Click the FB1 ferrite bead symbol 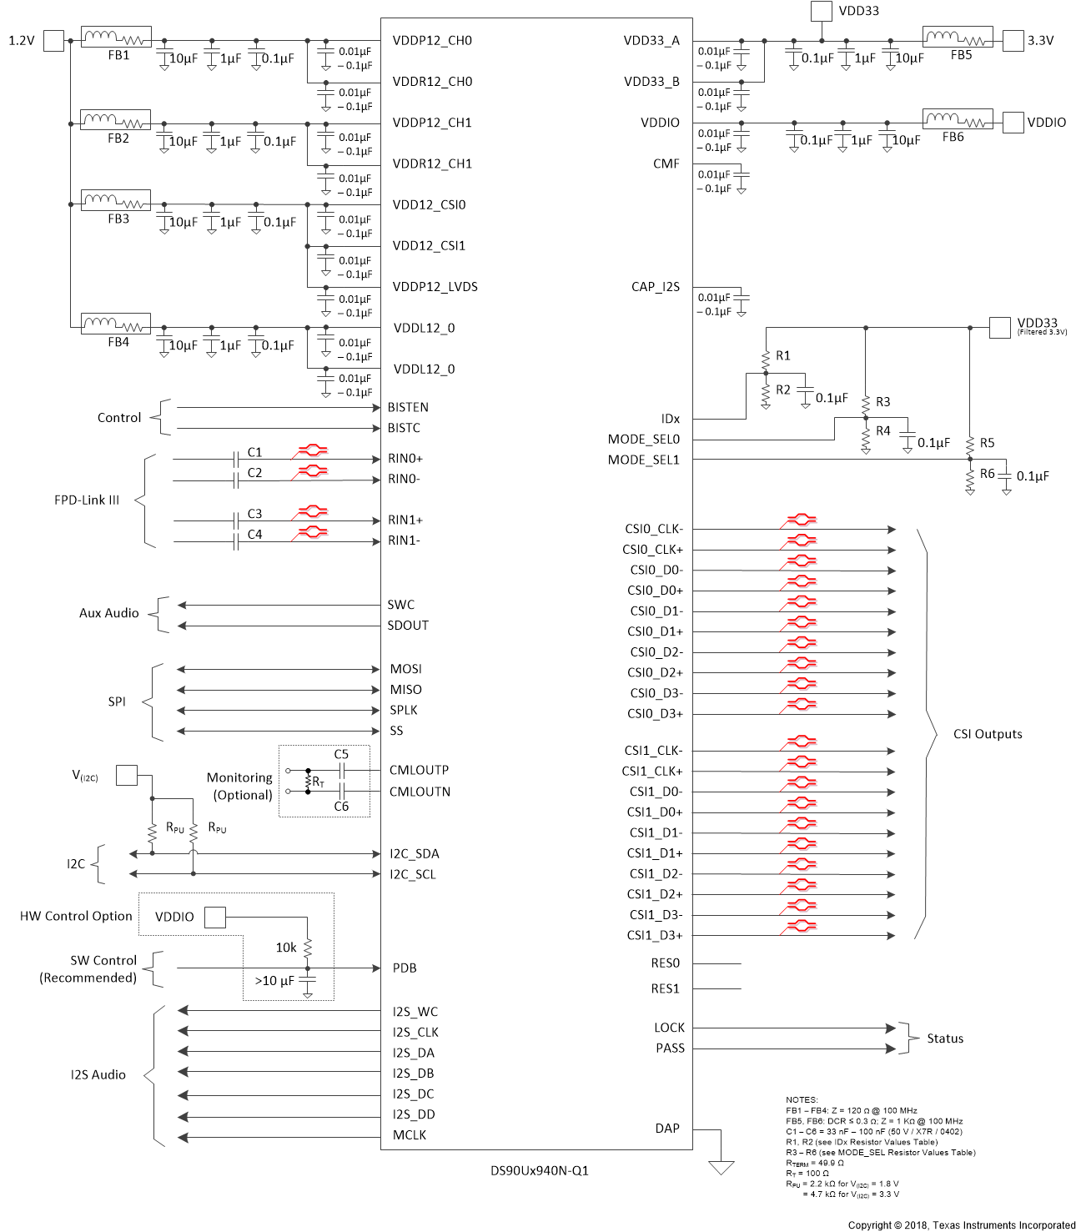coord(116,38)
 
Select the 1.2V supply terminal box coord(53,40)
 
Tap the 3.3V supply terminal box coord(1013,40)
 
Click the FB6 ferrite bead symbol coord(957,119)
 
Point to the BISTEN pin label coord(408,408)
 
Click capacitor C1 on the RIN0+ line coord(237,459)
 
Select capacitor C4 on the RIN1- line coord(237,541)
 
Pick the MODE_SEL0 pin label coord(644,440)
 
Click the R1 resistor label coord(782,356)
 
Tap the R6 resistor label coord(987,474)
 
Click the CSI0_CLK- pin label coord(654,529)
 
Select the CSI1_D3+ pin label coord(655,936)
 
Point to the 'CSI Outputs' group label coord(988,734)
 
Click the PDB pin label coord(405,968)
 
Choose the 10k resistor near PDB coord(308,948)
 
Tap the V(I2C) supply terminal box coord(126,775)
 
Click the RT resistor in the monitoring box coord(309,781)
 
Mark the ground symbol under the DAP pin coord(721,1167)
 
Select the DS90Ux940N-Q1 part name coord(539,1171)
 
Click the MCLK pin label coord(410,1135)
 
